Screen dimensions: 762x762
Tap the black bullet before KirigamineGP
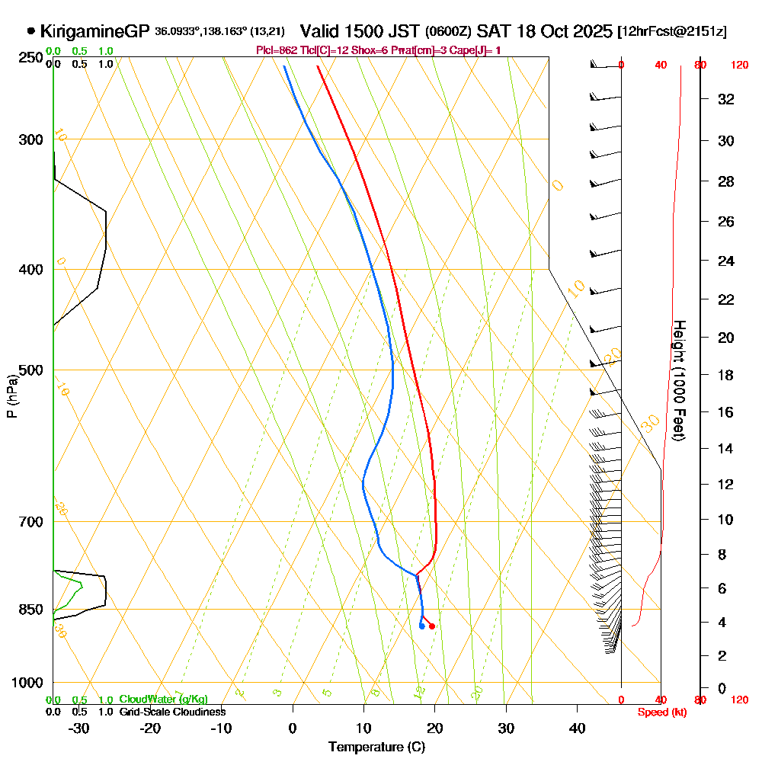(30, 31)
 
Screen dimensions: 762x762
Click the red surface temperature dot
(432, 626)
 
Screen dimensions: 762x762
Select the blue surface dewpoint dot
(421, 626)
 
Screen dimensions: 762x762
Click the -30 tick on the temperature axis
(78, 728)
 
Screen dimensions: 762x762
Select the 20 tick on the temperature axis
(434, 728)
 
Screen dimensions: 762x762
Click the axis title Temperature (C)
(376, 747)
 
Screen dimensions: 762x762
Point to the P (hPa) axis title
(11, 395)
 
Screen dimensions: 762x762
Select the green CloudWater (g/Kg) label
(163, 700)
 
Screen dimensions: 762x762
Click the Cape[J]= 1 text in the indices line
(476, 50)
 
